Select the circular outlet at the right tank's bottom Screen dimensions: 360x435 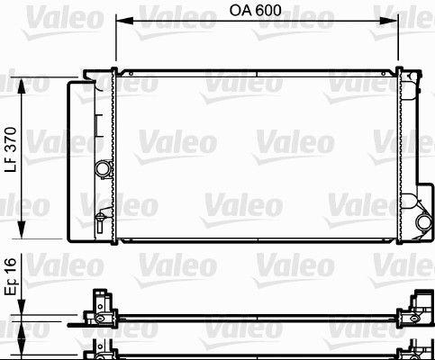pyautogui.click(x=421, y=223)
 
